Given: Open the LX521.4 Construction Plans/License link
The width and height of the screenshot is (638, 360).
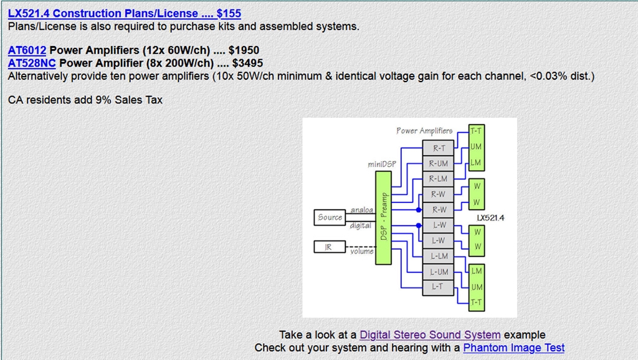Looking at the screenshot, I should tap(124, 13).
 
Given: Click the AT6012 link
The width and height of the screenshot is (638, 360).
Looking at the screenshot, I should tap(27, 50).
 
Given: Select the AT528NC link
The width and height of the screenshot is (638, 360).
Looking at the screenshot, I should tap(32, 63).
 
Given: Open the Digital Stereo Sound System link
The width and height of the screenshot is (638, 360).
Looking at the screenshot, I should tap(430, 335).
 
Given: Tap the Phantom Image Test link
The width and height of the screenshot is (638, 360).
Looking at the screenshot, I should tap(513, 348).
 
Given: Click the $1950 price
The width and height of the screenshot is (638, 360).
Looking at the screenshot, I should tap(244, 50).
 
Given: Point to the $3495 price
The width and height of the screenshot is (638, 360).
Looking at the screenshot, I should tap(247, 63).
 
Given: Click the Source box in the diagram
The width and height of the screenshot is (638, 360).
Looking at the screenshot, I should tap(330, 217).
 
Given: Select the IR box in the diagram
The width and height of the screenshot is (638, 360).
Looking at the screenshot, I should tap(328, 247).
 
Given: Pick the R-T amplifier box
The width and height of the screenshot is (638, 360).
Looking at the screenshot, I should tap(439, 148).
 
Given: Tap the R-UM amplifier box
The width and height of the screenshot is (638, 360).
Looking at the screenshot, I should tap(439, 163).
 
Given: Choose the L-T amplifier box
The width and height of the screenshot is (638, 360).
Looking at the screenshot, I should tap(439, 287).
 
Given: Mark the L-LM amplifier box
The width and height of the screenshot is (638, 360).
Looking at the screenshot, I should tap(439, 256).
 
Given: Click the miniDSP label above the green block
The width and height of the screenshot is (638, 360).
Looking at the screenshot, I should tap(381, 165).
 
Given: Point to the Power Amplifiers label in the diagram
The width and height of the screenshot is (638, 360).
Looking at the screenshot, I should tap(424, 131).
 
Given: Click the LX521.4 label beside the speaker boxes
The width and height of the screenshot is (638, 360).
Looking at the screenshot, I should tap(490, 218).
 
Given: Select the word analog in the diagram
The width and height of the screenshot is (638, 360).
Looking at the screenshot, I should tap(361, 211).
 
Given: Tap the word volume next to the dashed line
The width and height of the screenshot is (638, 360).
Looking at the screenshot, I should tap(361, 252).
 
